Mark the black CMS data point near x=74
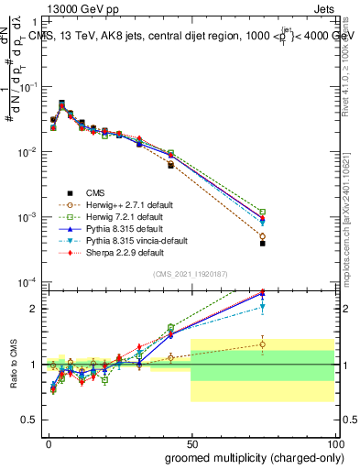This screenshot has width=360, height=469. (x=262, y=244)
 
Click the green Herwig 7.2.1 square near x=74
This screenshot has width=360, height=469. (x=262, y=212)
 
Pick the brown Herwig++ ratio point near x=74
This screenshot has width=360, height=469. (x=262, y=344)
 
